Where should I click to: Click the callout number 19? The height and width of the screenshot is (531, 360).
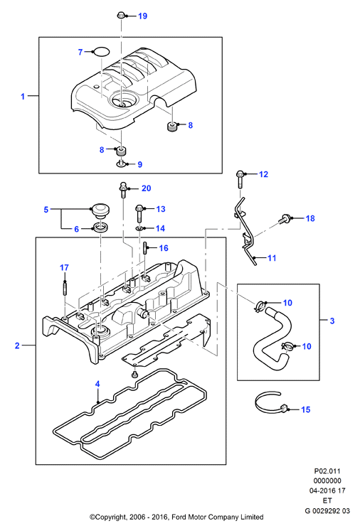[x=143, y=16]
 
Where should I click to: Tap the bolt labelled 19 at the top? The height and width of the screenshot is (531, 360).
[x=121, y=15]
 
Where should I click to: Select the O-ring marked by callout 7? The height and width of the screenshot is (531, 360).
[x=101, y=52]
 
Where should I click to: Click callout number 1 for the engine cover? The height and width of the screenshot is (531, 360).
[x=23, y=97]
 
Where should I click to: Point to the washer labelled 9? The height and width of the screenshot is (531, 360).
[x=120, y=164]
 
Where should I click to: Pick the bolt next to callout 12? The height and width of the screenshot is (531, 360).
[x=239, y=180]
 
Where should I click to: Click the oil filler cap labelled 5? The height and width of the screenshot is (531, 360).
[x=100, y=210]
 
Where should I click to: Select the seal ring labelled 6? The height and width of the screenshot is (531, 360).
[x=100, y=227]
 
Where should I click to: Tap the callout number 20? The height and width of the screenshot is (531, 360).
[x=146, y=188]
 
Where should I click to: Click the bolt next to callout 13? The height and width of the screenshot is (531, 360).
[x=139, y=213]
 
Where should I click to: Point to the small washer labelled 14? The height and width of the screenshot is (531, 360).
[x=139, y=229]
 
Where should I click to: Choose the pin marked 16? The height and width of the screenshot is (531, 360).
[x=145, y=247]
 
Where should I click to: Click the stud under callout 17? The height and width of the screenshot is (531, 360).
[x=64, y=287]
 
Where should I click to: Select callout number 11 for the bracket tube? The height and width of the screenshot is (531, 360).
[x=272, y=258]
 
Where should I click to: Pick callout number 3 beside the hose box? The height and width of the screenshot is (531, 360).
[x=332, y=321]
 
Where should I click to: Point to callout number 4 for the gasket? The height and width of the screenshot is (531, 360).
[x=97, y=384]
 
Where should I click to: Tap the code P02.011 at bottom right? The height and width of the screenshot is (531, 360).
[x=327, y=471]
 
